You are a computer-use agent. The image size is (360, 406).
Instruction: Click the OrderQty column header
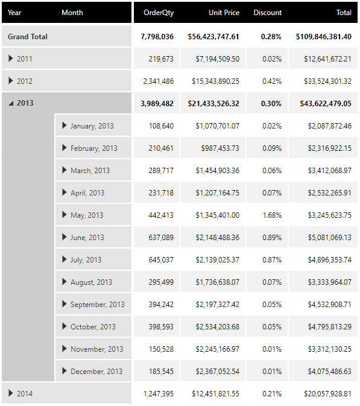(159, 13)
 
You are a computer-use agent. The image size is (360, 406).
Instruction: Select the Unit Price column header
(224, 13)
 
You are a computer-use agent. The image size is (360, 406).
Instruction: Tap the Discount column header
(267, 13)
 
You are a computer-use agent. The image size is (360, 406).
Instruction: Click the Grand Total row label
(27, 37)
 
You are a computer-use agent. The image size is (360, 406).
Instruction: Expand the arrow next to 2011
(11, 59)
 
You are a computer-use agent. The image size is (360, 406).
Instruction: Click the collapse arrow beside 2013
(11, 104)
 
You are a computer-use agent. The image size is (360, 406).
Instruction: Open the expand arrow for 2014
(11, 393)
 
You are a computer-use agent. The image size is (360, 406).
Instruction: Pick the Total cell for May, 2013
(329, 215)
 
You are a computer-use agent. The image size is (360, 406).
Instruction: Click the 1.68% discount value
(272, 215)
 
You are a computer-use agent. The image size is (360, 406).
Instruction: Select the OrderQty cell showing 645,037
(161, 259)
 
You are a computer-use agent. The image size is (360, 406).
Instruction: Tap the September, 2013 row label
(97, 305)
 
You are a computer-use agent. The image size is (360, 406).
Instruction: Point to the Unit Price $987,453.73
(220, 148)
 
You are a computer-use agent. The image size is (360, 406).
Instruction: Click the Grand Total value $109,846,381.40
(323, 37)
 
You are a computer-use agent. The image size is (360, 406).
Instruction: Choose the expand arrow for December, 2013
(65, 371)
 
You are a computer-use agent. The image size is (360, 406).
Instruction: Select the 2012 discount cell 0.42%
(272, 81)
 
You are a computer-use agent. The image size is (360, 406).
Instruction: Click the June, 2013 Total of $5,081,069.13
(329, 238)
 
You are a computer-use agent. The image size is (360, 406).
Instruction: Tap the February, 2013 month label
(93, 148)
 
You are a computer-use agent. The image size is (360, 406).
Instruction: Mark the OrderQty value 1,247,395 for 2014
(159, 394)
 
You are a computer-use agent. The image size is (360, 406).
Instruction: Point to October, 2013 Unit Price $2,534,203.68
(218, 327)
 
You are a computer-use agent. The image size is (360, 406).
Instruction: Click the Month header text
(72, 13)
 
